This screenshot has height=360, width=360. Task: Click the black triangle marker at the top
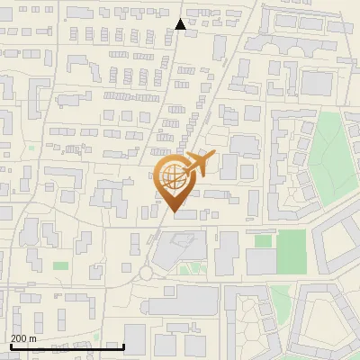[181, 24]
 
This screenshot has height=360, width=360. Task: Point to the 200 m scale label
[23, 337]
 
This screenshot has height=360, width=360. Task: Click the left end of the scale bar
[10, 346]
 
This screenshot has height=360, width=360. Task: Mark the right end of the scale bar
[123, 346]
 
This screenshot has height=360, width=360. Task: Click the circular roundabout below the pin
[147, 273]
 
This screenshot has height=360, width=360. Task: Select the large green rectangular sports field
[292, 252]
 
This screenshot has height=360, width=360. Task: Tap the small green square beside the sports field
[263, 241]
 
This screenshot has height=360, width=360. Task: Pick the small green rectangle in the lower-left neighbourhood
[60, 265]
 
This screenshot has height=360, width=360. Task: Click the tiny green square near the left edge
[31, 148]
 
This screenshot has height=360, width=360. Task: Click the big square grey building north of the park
[317, 84]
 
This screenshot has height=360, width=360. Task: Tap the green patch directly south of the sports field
[281, 293]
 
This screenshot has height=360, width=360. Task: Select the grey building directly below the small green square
[261, 262]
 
